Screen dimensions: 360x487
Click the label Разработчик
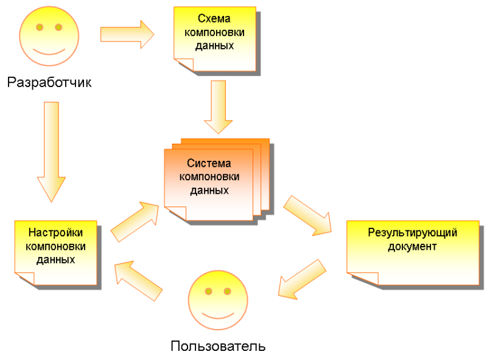click(49, 83)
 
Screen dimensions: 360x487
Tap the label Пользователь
click(218, 347)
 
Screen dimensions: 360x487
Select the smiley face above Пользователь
click(218, 301)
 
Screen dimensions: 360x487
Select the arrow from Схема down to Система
click(218, 107)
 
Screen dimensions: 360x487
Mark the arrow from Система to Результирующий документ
click(309, 215)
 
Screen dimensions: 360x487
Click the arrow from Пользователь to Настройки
click(139, 280)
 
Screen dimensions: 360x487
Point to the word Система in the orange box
click(209, 163)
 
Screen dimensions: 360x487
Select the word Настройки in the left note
click(56, 233)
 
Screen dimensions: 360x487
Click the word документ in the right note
click(412, 247)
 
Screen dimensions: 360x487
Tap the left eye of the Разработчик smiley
click(40, 27)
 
